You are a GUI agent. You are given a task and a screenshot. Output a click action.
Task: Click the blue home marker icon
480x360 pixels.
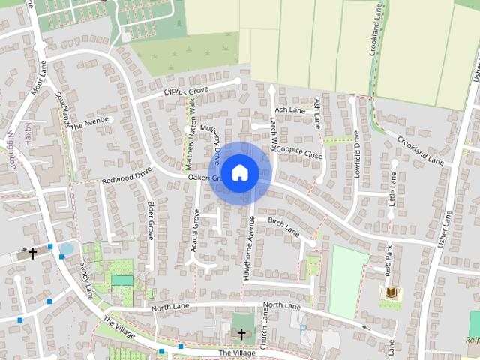239,173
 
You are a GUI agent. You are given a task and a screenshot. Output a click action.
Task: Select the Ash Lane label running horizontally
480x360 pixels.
290,110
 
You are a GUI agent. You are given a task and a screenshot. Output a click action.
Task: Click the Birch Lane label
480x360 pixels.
283,227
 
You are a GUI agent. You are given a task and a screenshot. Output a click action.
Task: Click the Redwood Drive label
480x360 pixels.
127,175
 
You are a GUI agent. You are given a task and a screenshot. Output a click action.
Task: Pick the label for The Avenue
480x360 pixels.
90,122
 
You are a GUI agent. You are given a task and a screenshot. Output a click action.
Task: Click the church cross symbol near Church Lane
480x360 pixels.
241,333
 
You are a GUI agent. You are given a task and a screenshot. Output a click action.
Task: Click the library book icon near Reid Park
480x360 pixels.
391,292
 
